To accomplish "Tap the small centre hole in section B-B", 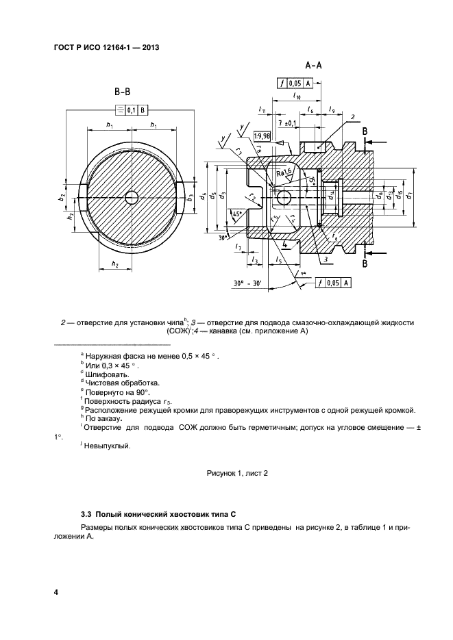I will point(132,197).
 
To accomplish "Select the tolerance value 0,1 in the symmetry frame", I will point(130,109).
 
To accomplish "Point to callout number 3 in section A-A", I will point(328,261).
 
